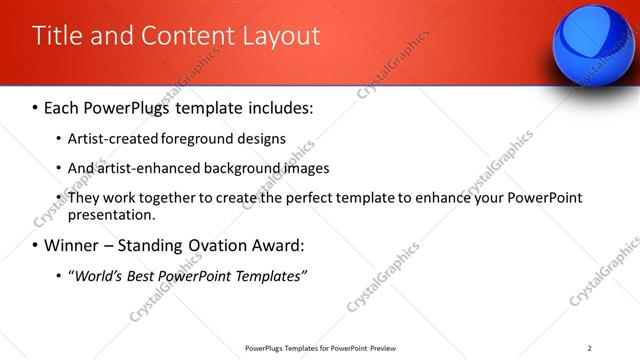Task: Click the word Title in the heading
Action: pos(56,36)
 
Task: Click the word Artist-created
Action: pos(112,138)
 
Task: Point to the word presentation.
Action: pos(112,215)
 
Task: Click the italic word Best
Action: pos(148,275)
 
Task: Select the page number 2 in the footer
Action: pos(590,348)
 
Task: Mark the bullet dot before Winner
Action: pos(36,246)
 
